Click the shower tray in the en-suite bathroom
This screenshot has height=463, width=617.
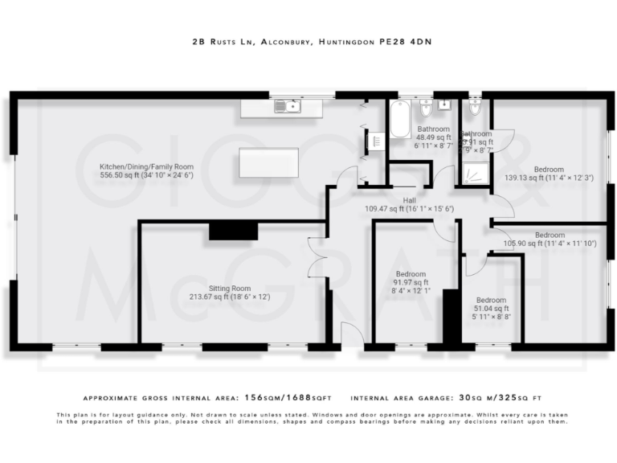click(x=473, y=172)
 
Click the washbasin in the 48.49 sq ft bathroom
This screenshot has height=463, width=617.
click(x=444, y=107)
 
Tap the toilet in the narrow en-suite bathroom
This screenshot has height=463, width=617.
click(x=474, y=106)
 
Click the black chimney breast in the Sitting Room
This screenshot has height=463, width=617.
click(x=233, y=230)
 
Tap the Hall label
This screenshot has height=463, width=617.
click(x=410, y=200)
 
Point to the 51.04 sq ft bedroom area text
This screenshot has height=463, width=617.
click(x=491, y=309)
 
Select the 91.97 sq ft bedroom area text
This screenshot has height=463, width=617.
click(x=411, y=282)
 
